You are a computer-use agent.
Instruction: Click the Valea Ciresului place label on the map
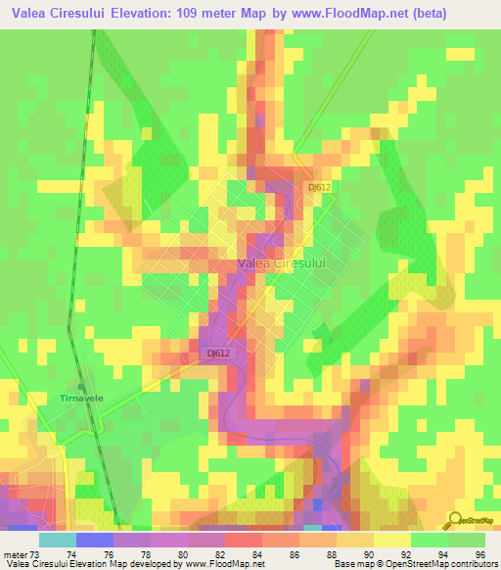coord(281,263)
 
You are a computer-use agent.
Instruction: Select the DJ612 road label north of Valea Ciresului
coord(320,186)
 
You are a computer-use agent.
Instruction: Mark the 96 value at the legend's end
coord(478,553)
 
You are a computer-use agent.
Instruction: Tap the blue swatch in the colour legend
coord(94,540)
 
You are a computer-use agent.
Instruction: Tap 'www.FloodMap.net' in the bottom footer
coord(222,564)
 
